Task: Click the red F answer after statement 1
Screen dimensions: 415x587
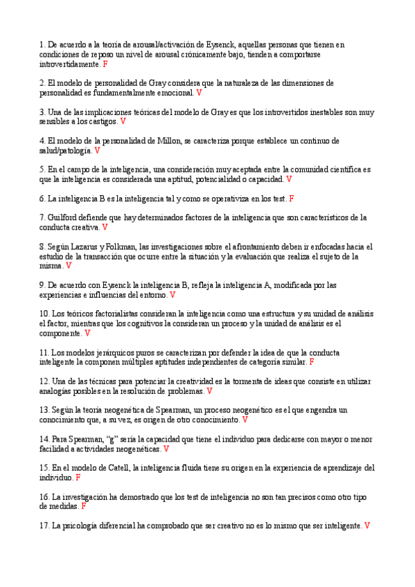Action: (x=105, y=64)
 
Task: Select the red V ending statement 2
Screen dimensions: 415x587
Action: (x=200, y=92)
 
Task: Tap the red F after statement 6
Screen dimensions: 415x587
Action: (x=292, y=199)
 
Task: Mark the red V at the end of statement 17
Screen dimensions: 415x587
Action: (x=367, y=525)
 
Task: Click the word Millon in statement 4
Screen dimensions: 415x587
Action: (x=167, y=141)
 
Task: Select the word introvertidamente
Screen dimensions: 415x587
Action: (x=69, y=64)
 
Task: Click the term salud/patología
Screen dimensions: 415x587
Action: (x=65, y=150)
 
